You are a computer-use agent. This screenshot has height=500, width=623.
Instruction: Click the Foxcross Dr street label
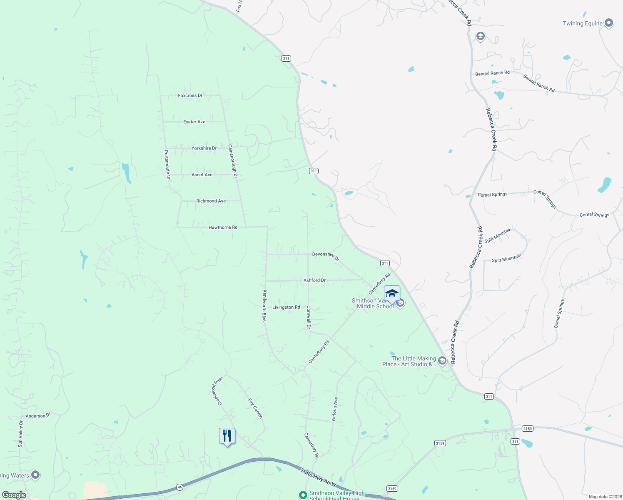[x=190, y=95]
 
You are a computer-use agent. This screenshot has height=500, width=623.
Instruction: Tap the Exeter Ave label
[x=194, y=122]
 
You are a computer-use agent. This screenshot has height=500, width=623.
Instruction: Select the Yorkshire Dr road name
[x=204, y=148]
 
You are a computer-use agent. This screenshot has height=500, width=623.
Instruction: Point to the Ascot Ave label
[x=202, y=175]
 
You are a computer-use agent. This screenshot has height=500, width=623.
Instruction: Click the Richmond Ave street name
[x=211, y=201]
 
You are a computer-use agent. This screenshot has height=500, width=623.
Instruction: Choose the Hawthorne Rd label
[x=223, y=227]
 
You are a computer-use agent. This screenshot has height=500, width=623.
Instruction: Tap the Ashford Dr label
[x=314, y=280]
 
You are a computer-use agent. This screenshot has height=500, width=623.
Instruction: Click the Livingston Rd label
[x=286, y=307]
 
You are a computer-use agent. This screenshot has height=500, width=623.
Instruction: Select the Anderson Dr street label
[x=38, y=415]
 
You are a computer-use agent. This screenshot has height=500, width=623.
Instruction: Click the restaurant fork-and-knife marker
[x=227, y=436]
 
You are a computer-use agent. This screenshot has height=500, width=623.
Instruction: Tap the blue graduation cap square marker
[x=391, y=294]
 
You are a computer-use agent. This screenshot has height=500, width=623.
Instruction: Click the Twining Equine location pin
[x=609, y=23]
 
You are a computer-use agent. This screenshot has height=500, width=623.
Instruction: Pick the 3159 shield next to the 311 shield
[x=527, y=429]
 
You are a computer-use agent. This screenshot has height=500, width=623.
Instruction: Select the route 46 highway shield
[x=179, y=487]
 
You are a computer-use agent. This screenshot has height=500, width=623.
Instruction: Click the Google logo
[x=14, y=495]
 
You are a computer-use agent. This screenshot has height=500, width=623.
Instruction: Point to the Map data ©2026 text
[x=605, y=497]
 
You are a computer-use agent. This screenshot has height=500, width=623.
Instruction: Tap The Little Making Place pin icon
[x=442, y=361]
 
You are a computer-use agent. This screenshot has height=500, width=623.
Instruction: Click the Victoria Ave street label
[x=334, y=409]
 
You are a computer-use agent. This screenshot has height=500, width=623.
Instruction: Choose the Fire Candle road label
[x=255, y=408]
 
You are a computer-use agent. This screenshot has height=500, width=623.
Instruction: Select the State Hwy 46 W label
[x=318, y=477]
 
